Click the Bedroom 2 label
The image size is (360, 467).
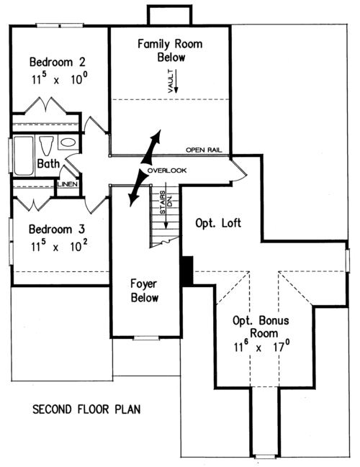58,62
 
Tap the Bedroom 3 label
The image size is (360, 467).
57,229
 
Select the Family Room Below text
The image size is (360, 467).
170,50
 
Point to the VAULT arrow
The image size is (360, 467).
176,81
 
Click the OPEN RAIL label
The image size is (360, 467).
204,150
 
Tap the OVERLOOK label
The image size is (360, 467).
167,171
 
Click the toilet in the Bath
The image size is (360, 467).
46,145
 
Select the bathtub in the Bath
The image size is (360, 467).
23,155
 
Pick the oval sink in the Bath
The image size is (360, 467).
68,142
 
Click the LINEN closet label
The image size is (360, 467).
68,184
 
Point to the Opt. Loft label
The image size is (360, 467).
218,223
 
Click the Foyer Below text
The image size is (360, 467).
144,291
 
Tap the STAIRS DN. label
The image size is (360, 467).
166,202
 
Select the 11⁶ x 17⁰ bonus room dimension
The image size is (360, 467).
262,347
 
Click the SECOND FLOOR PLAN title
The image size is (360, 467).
86,409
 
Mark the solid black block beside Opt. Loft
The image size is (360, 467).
187,271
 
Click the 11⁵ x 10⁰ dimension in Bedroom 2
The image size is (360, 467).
59,78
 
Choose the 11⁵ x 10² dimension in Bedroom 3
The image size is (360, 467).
59,245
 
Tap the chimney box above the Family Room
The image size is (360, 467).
170,15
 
